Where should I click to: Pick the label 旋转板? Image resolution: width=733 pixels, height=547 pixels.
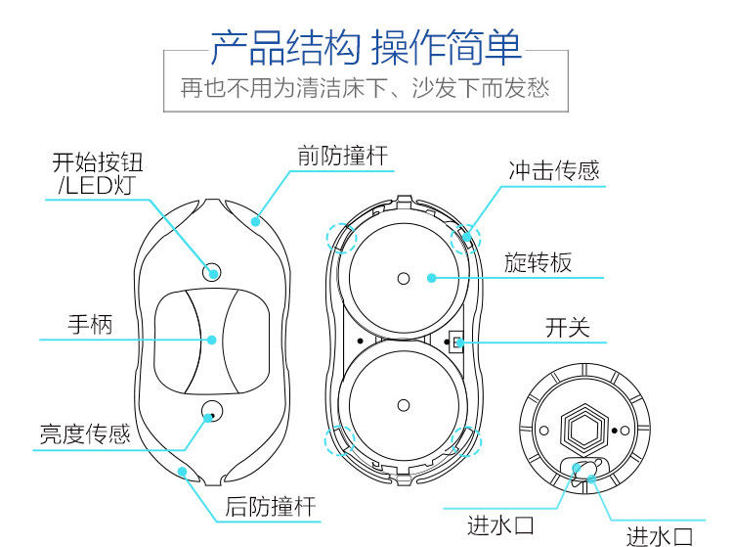(x=539, y=261)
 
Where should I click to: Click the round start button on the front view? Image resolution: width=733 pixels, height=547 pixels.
(x=211, y=271)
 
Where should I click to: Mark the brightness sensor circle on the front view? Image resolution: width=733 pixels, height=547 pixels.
(x=211, y=411)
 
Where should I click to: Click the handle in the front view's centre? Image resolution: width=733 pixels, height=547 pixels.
(x=211, y=339)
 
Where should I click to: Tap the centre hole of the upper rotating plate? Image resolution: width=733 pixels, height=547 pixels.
(x=403, y=279)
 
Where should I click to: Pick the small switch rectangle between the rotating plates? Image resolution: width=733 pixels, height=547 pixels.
(x=456, y=341)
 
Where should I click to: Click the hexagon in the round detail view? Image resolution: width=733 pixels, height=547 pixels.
(x=583, y=426)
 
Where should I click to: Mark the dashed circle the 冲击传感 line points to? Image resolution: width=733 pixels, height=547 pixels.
(x=464, y=236)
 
